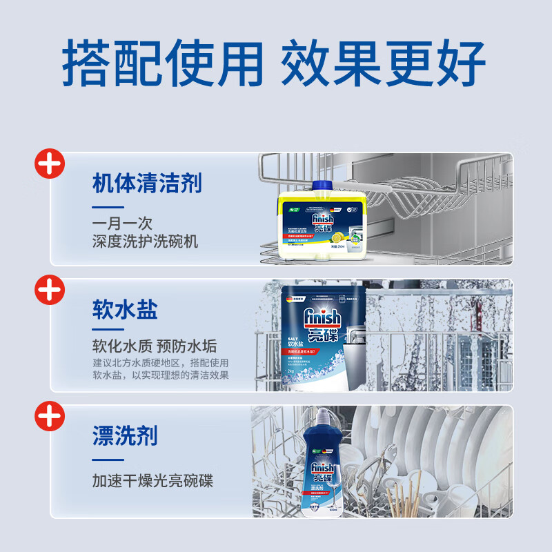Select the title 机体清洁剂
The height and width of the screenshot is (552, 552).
pyautogui.click(x=146, y=184)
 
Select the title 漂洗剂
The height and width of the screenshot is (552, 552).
pyautogui.click(x=125, y=435)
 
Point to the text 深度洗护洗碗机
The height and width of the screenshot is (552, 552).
pyautogui.click(x=145, y=241)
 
